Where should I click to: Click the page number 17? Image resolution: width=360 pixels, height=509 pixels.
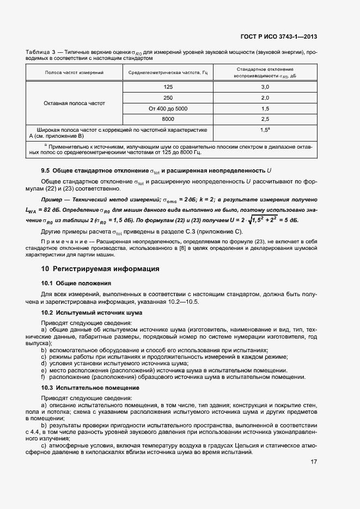click(x=314, y=462)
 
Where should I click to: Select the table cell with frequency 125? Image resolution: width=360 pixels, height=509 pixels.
click(x=168, y=87)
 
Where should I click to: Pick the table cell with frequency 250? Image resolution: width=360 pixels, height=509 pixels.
click(x=168, y=97)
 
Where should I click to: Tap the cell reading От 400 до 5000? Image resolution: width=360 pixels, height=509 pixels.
click(x=168, y=108)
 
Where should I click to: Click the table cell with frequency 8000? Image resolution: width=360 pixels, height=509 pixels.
click(x=168, y=119)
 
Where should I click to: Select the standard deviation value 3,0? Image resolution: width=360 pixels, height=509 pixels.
click(x=265, y=87)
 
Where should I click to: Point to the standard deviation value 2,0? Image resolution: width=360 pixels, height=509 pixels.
click(x=265, y=97)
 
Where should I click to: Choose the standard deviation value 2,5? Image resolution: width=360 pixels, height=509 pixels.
click(x=265, y=119)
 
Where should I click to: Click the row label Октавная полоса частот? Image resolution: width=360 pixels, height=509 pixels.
click(x=74, y=103)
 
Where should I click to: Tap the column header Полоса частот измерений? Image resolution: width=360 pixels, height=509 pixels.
click(x=74, y=72)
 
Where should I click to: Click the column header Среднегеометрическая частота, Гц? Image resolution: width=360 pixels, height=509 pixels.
click(x=168, y=72)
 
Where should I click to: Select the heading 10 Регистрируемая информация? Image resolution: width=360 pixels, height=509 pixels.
click(x=100, y=269)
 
